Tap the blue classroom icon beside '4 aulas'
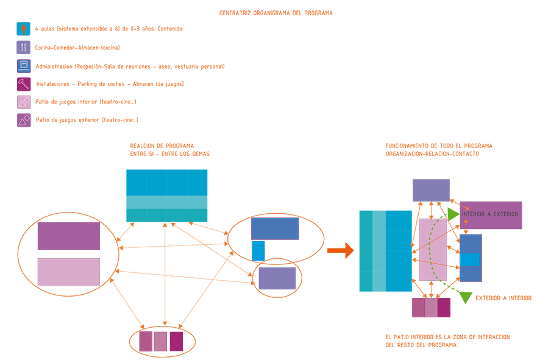23,29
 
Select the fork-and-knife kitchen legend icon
23,48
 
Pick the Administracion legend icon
23,66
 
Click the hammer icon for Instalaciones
23,84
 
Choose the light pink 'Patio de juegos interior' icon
23,102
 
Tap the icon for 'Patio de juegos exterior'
23,121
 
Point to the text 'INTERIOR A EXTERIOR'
490,214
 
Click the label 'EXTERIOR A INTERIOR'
503,298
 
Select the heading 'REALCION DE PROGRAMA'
162,146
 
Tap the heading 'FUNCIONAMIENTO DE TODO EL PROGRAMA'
439,146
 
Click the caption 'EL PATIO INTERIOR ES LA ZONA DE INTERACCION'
447,337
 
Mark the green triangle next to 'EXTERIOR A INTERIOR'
466,297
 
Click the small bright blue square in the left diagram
258,251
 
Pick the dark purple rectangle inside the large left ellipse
69,236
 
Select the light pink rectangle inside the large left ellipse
69,272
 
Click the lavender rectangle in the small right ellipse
277,278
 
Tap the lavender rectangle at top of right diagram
431,190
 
